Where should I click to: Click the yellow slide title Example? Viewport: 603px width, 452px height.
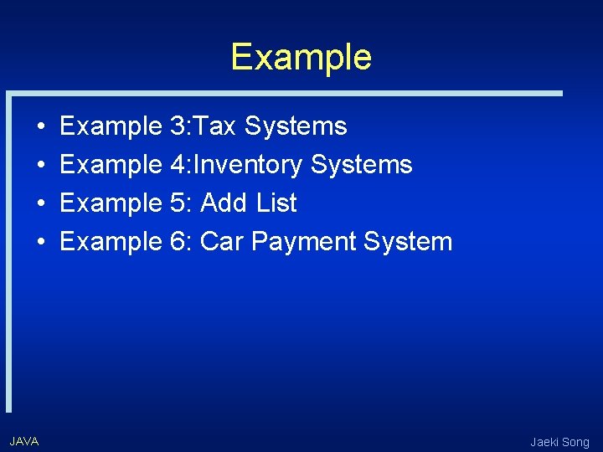coord(301,57)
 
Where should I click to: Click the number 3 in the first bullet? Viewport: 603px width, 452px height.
coord(177,126)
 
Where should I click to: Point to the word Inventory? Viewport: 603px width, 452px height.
coord(248,165)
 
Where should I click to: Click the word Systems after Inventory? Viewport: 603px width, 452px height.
coord(362,165)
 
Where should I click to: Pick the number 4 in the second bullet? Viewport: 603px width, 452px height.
coord(177,165)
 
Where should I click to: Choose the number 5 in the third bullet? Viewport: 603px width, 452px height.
coord(177,203)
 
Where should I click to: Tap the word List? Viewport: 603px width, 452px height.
coord(276,203)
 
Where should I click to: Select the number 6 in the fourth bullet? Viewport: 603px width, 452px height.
coord(177,242)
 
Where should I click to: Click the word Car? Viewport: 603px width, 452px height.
coord(222,242)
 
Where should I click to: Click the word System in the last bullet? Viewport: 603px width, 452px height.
coord(408,243)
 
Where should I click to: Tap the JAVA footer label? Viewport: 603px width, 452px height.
coord(24,441)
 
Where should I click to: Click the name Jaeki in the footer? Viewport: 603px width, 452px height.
coord(545,442)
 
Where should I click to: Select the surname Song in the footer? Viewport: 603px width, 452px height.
coord(577,443)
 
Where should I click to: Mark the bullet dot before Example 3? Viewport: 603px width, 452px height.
coord(42,127)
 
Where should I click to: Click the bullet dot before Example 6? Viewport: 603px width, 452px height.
coord(42,243)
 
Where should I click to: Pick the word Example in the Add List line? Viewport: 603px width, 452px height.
coord(111,203)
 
